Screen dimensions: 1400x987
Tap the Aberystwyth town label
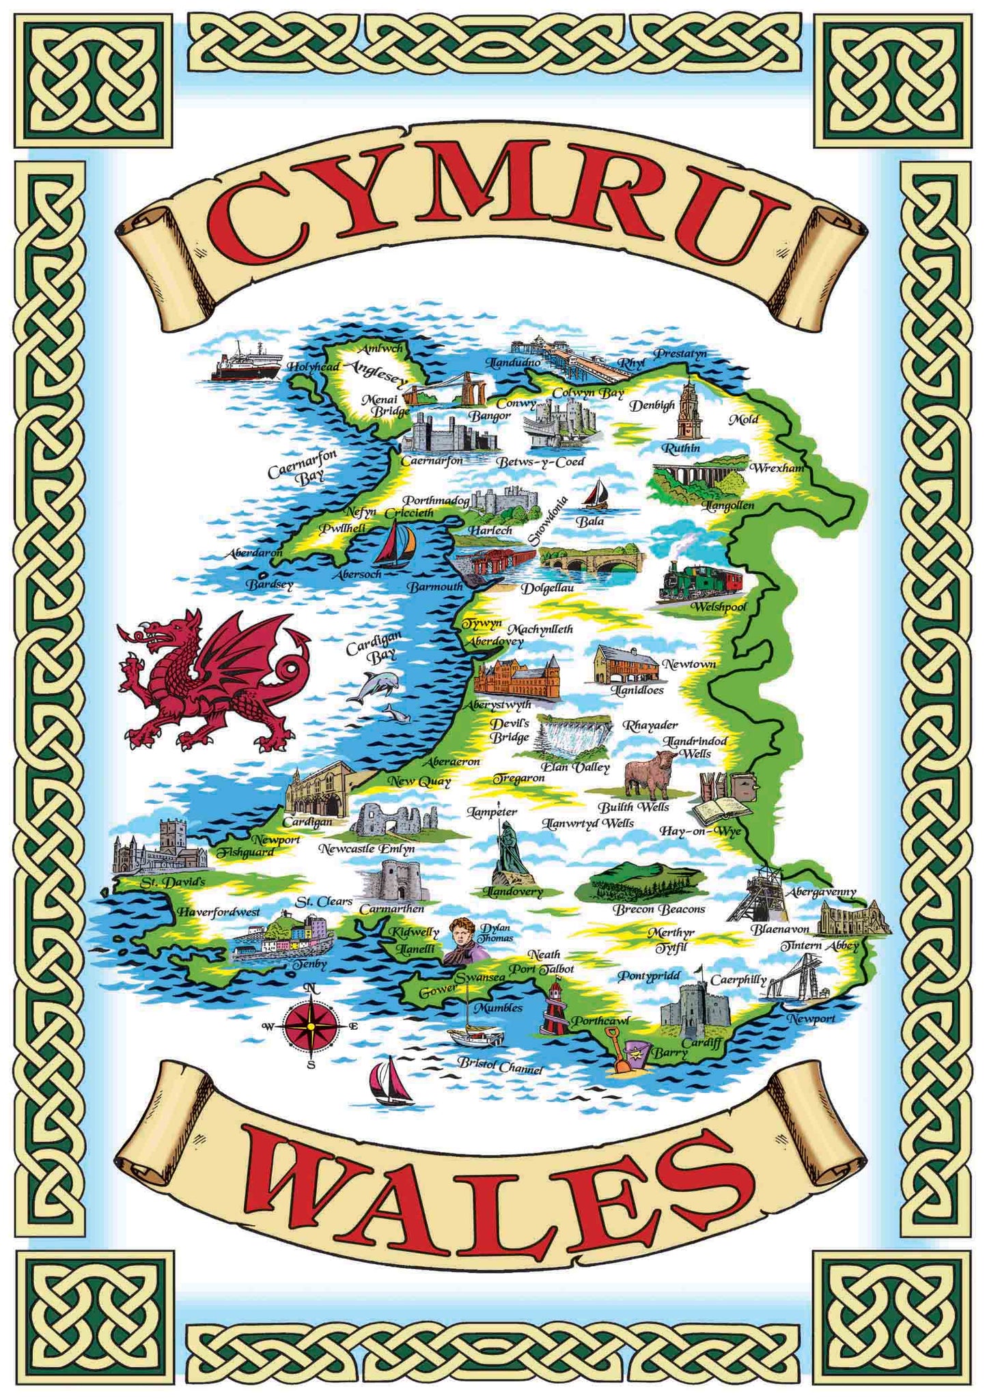click(x=498, y=703)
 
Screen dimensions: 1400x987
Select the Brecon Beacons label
click(x=658, y=909)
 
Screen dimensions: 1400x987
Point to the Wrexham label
click(x=777, y=468)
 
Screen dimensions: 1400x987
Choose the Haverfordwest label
click(x=219, y=912)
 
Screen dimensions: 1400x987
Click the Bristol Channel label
click(x=500, y=1065)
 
